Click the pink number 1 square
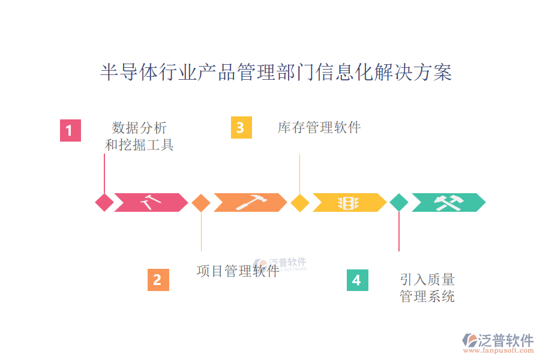click(70, 130)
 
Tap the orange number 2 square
click(158, 280)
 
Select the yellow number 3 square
click(241, 128)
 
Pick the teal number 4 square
click(357, 280)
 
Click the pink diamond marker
click(104, 203)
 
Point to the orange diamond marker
click(201, 203)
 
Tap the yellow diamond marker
click(299, 203)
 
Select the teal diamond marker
click(398, 203)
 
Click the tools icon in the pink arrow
click(150, 203)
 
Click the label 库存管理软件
click(319, 128)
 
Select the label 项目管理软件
click(238, 271)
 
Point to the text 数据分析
click(139, 128)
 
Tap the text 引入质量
click(427, 280)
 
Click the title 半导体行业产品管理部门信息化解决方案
click(275, 73)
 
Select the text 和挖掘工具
click(139, 145)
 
